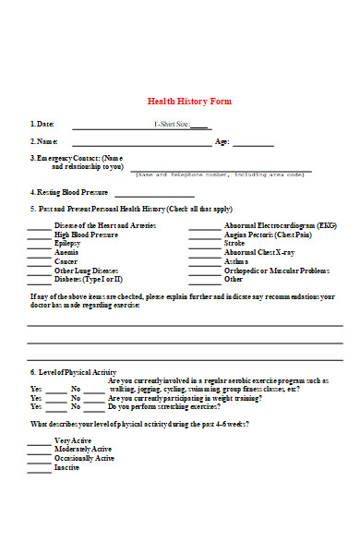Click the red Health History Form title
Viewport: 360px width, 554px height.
tap(190, 102)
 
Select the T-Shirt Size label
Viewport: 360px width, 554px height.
tap(172, 124)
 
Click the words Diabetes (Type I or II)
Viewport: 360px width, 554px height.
tap(89, 279)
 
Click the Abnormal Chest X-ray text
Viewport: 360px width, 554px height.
tap(260, 252)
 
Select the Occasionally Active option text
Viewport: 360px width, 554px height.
tap(85, 458)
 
